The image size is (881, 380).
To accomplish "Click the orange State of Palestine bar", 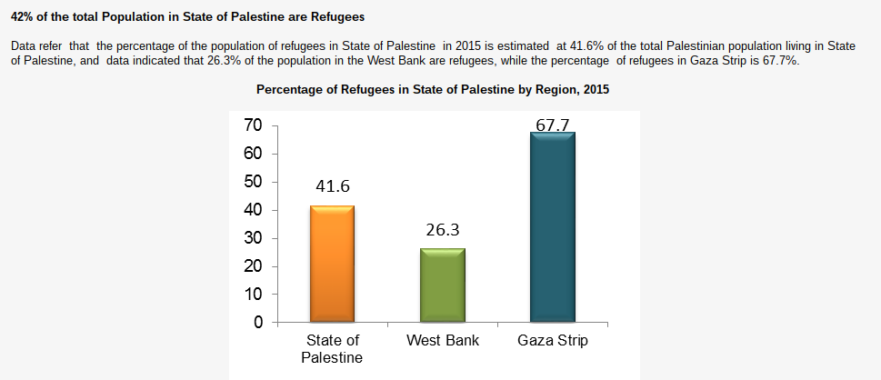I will (x=332, y=264).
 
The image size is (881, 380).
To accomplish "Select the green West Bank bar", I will (x=442, y=285).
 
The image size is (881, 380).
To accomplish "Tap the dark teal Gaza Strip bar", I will (x=552, y=227).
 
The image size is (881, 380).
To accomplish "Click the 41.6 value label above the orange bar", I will (x=333, y=186).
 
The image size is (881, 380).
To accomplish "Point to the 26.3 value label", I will (x=442, y=230).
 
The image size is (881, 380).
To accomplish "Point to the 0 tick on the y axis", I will (x=257, y=323).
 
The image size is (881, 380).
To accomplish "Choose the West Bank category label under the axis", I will (x=442, y=341).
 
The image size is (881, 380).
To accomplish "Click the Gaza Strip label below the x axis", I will (x=552, y=341).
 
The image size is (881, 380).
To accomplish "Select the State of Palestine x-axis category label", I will (x=332, y=349).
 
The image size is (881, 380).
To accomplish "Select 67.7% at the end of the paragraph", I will (x=779, y=59).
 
